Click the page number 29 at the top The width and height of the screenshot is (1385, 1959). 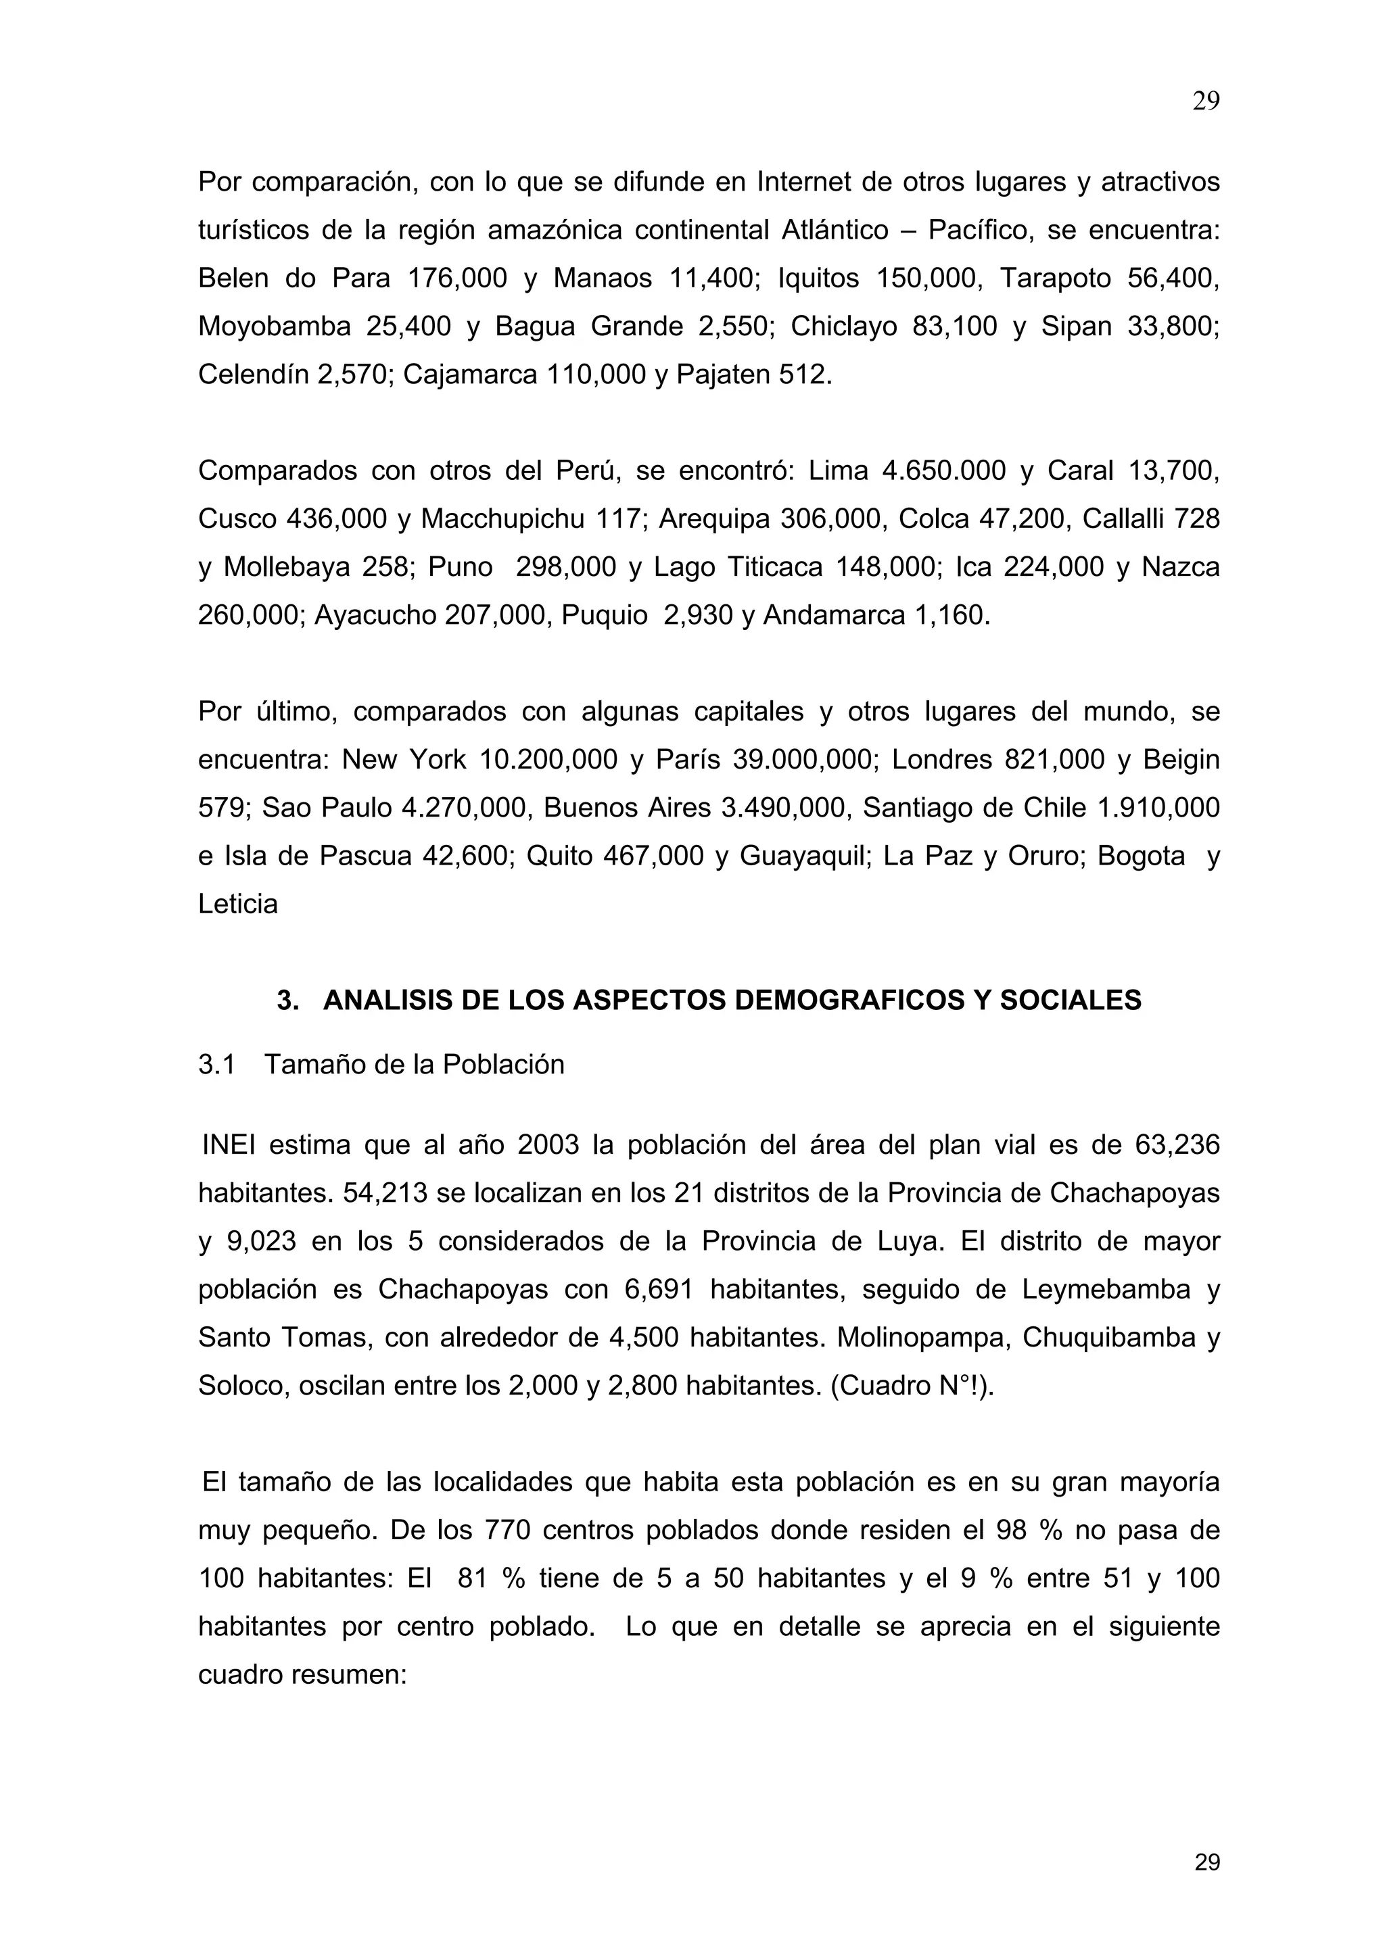(1205, 101)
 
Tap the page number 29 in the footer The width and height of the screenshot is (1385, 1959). (1206, 1861)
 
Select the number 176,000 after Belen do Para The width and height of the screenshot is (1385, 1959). (457, 278)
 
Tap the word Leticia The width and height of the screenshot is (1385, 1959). (237, 904)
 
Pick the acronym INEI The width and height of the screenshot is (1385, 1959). (228, 1144)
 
